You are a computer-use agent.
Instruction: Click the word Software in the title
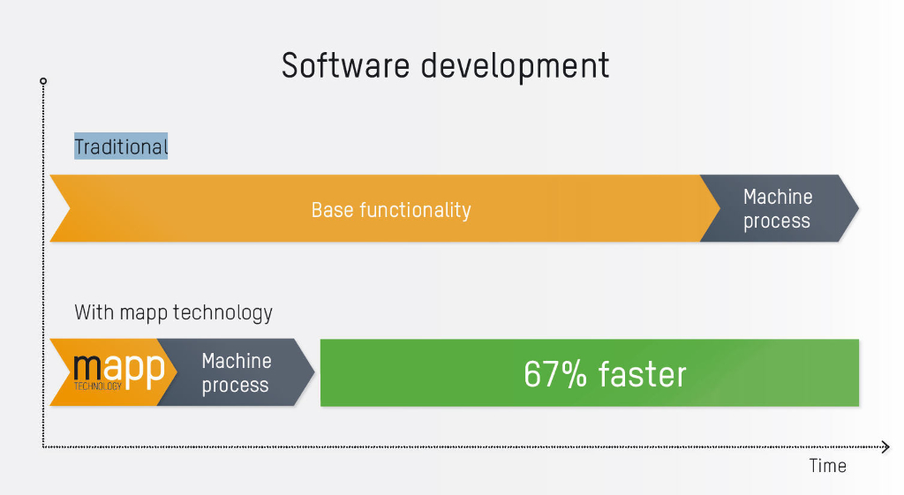pyautogui.click(x=345, y=65)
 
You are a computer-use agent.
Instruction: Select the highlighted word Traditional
pyautogui.click(x=121, y=146)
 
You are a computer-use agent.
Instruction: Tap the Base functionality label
pyautogui.click(x=391, y=210)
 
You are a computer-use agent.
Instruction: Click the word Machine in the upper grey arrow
pyautogui.click(x=778, y=197)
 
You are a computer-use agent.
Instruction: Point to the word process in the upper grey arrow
pyautogui.click(x=777, y=221)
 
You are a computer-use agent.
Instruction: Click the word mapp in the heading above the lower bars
pyautogui.click(x=144, y=313)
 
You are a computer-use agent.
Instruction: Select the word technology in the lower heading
pyautogui.click(x=222, y=313)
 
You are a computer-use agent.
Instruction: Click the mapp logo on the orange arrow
pyautogui.click(x=119, y=371)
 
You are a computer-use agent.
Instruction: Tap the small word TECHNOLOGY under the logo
pyautogui.click(x=97, y=386)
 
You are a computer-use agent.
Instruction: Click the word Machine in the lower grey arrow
pyautogui.click(x=237, y=361)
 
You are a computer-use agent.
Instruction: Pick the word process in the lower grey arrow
pyautogui.click(x=235, y=386)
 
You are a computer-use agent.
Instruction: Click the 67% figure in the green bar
pyautogui.click(x=555, y=374)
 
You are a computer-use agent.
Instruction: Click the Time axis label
pyautogui.click(x=827, y=466)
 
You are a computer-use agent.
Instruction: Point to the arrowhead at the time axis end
pyautogui.click(x=885, y=446)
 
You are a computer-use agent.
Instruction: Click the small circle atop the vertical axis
pyautogui.click(x=43, y=81)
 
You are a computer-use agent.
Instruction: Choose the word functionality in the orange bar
pyautogui.click(x=415, y=210)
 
